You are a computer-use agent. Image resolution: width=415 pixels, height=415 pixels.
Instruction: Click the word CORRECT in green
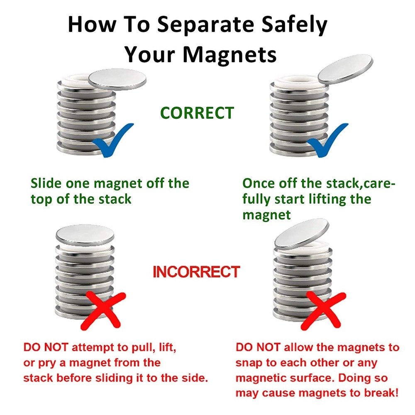point(197,113)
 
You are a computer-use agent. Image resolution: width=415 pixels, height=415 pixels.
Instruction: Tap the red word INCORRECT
point(196,272)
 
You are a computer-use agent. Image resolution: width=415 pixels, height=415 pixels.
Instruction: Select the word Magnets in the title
point(229,54)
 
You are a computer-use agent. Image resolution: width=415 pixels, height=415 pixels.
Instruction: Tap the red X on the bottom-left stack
point(103,310)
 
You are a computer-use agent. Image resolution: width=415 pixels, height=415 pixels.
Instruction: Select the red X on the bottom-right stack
point(323,310)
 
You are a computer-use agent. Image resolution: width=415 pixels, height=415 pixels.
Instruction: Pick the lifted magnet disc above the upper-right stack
point(345,69)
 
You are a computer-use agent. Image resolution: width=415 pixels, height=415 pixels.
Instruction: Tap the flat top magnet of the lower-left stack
point(85,235)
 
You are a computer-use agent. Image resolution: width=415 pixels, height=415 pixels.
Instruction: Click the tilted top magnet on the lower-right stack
point(302,234)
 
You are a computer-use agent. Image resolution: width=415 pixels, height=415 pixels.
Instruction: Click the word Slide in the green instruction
point(46,183)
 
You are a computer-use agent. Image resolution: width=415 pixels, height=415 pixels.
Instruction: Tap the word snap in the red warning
point(249,363)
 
